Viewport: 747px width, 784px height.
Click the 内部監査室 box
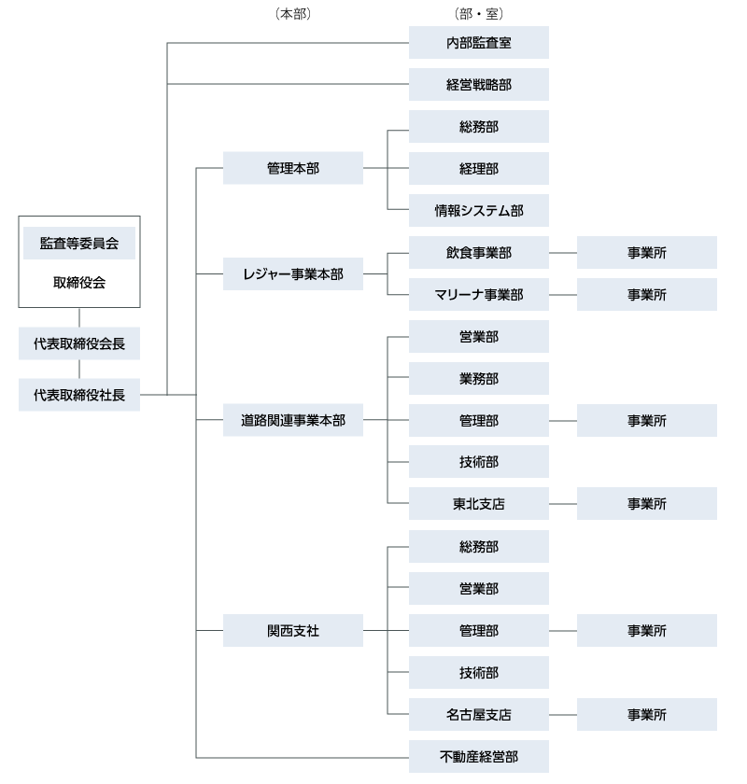478,43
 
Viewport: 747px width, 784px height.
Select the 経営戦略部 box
478,85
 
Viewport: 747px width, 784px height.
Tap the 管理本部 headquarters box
292,169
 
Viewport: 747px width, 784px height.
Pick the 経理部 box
478,169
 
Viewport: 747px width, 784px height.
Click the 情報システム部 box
478,211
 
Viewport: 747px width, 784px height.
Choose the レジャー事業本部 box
292,274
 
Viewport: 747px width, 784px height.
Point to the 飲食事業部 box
478,253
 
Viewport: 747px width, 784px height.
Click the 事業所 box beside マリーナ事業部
646,295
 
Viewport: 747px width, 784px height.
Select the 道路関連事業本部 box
292,421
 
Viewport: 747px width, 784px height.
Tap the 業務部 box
478,379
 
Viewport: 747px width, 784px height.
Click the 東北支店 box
478,504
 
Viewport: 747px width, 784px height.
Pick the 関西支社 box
292,631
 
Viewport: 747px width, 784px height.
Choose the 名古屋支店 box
478,715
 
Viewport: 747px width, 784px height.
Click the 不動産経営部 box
478,757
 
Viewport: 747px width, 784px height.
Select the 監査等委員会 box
79,243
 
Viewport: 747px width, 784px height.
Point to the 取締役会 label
79,283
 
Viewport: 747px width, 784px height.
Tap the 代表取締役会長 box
79,343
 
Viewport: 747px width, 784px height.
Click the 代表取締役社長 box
79,395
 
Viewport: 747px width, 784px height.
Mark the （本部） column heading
292,14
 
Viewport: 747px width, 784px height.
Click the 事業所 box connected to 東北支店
646,504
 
